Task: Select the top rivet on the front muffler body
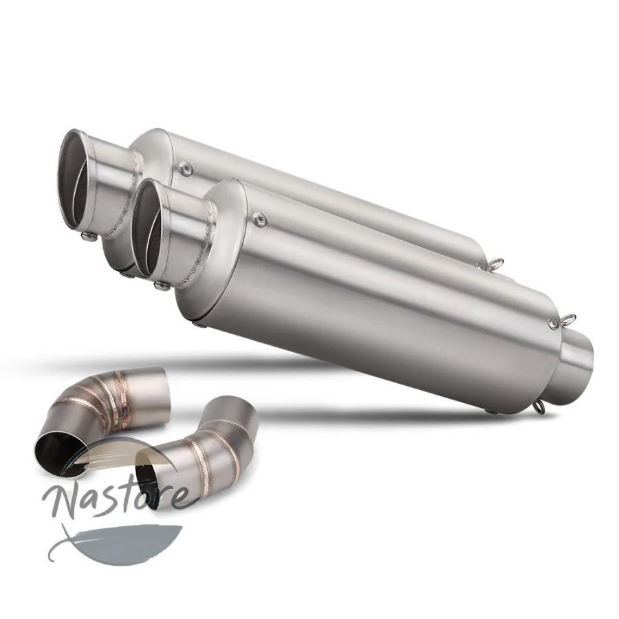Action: click(x=259, y=217)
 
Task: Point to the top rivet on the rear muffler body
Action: click(x=184, y=169)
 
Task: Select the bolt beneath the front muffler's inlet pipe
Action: click(x=160, y=285)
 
